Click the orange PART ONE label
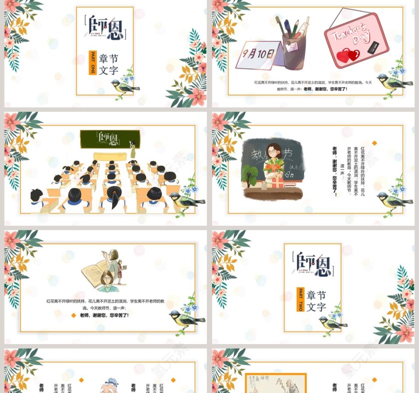point(92,63)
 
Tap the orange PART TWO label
point(300,299)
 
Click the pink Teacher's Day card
point(355,39)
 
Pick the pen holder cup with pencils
point(294,45)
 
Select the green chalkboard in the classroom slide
point(110,139)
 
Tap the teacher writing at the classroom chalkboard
point(133,150)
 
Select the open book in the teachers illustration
point(97,272)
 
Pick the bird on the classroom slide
point(185,198)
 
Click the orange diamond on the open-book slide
point(73,315)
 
